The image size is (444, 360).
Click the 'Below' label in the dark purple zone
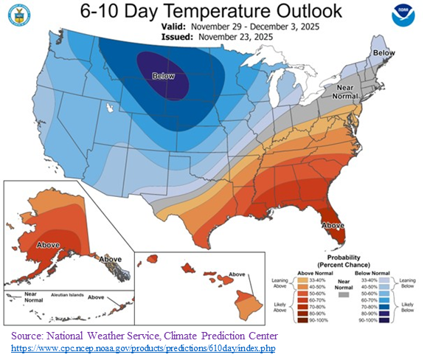tap(164, 76)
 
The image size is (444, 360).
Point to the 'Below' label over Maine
tap(383, 53)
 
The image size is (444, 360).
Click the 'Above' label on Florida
tap(334, 224)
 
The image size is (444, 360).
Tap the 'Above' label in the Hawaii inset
tap(237, 274)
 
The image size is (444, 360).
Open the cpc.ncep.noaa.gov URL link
tap(137, 346)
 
